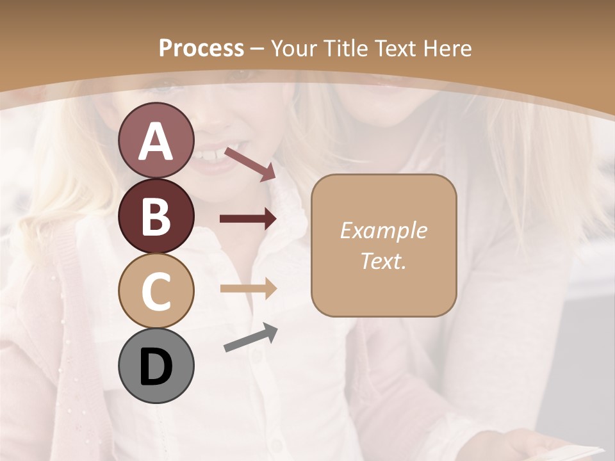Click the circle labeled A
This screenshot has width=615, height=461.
point(156,140)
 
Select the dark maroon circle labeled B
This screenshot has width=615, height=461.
point(156,216)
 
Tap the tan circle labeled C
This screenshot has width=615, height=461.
point(156,291)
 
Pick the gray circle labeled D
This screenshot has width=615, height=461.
point(156,366)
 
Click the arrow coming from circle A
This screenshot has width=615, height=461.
point(250,165)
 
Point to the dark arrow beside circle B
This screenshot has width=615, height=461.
point(248,219)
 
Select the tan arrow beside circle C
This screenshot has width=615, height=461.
point(248,288)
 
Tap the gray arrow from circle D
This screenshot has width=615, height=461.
point(250,337)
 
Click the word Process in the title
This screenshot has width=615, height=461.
point(201,48)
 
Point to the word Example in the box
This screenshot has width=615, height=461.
point(383,230)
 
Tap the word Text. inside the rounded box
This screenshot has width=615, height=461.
point(383,261)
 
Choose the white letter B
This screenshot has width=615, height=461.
point(156,216)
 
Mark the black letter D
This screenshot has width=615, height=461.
point(156,367)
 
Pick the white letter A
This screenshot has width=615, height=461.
point(156,142)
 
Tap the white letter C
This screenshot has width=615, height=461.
point(156,291)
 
